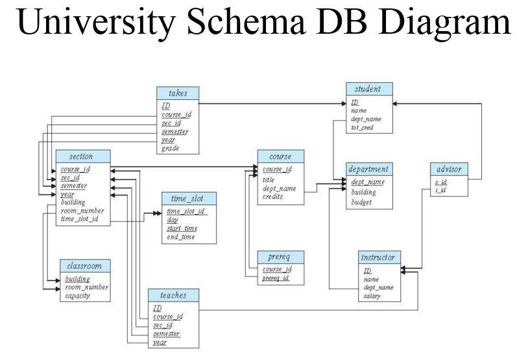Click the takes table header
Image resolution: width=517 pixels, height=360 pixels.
click(x=177, y=93)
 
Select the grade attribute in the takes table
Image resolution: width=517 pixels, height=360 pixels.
click(x=170, y=149)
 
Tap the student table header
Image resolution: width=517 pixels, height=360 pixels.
click(x=368, y=89)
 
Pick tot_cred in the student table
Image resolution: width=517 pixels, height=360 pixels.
click(x=363, y=128)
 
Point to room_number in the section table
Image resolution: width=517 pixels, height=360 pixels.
click(x=82, y=211)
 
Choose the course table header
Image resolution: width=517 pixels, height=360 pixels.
click(x=280, y=156)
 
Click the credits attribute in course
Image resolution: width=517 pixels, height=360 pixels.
click(x=273, y=197)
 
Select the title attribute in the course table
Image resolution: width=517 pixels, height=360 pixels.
click(x=269, y=180)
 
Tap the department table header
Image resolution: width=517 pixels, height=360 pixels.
click(x=368, y=169)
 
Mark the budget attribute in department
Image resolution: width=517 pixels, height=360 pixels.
click(x=362, y=202)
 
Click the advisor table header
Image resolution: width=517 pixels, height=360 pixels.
click(x=448, y=169)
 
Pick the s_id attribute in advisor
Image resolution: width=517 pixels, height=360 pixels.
click(x=440, y=182)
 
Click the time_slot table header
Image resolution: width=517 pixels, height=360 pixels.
click(x=187, y=198)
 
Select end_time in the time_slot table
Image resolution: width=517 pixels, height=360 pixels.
click(x=181, y=237)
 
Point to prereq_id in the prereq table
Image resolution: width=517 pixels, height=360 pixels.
click(x=276, y=278)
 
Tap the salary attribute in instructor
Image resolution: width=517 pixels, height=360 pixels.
click(x=372, y=296)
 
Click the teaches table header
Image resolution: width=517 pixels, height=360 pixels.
click(x=173, y=295)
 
